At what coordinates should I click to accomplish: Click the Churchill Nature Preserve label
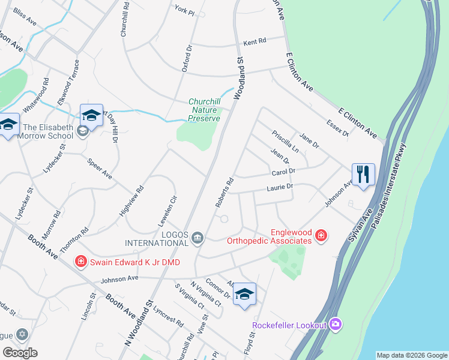(205, 110)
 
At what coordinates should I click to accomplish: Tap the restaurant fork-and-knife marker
(363, 175)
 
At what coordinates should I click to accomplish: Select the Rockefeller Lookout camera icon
(335, 325)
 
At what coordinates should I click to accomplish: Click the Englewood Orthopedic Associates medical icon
(321, 236)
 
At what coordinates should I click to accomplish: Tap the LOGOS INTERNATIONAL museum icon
(197, 239)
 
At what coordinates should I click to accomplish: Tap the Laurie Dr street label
(280, 188)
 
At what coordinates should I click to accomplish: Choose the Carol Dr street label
(283, 173)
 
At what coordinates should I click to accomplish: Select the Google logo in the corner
(20, 353)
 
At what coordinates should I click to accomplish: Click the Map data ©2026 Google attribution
(412, 355)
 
